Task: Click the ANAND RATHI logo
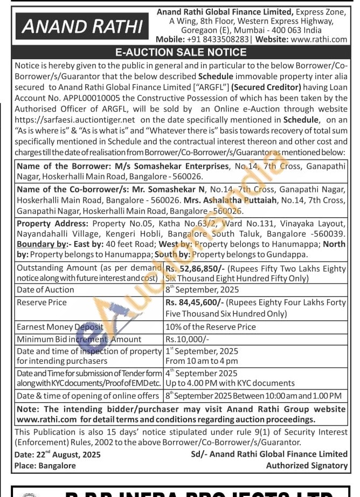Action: coord(82,26)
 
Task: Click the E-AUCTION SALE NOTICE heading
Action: coord(181,52)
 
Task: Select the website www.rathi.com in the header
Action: coord(319,39)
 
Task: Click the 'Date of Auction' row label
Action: coord(45,289)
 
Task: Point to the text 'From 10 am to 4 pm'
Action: coord(202,361)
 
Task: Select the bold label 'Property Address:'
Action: coord(52,223)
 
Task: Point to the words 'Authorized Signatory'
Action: coord(307,465)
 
